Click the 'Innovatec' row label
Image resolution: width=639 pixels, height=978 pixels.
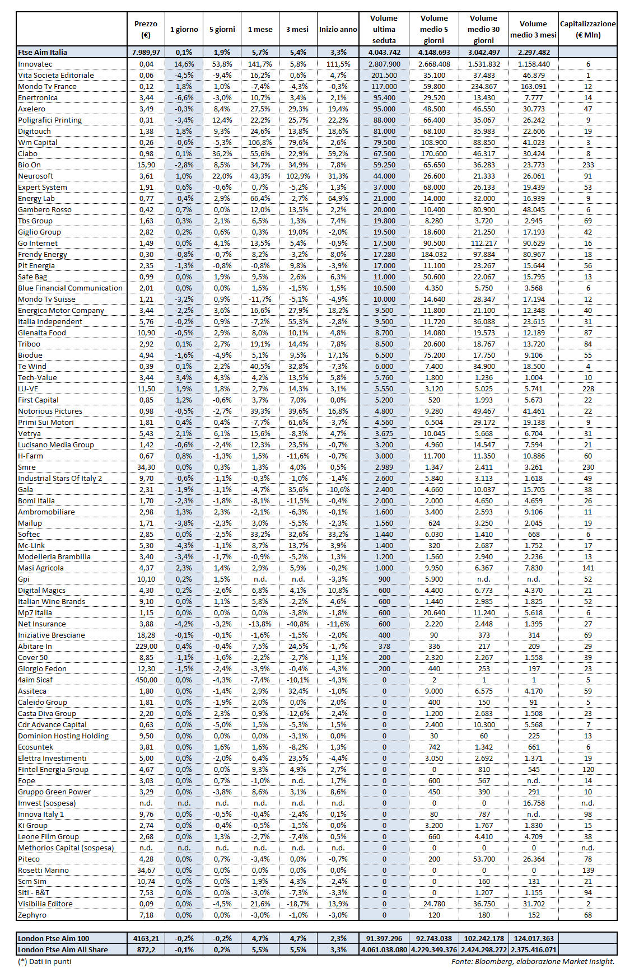click(x=35, y=64)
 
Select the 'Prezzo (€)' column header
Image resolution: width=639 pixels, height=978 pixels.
click(x=146, y=29)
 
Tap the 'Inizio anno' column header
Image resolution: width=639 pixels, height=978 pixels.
click(x=338, y=29)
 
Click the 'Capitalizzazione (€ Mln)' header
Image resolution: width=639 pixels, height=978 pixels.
click(x=587, y=29)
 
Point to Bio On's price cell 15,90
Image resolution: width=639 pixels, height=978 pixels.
click(x=146, y=165)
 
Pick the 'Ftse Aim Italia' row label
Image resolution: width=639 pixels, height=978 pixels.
click(x=43, y=52)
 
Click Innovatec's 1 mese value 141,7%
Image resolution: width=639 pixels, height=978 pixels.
click(x=260, y=64)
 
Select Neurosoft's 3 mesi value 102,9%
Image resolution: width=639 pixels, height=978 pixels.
click(x=298, y=176)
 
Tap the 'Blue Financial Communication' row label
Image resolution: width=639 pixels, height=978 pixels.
click(x=70, y=288)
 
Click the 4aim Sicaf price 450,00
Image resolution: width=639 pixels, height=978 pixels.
click(x=146, y=680)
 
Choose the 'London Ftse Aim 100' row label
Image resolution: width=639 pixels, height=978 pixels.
click(x=53, y=938)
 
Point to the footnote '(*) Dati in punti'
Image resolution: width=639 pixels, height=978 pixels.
click(x=45, y=961)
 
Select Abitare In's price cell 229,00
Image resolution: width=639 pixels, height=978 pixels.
click(x=146, y=646)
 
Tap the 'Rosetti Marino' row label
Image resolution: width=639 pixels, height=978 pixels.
click(x=43, y=870)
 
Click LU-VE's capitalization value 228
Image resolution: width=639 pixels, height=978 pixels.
click(x=587, y=389)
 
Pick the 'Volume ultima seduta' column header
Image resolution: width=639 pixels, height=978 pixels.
click(x=384, y=29)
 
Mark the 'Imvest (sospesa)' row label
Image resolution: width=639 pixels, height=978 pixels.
click(x=46, y=803)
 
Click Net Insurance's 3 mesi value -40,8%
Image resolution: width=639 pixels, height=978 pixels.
click(x=298, y=624)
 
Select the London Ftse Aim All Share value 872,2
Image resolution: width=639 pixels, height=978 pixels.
click(x=146, y=949)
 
